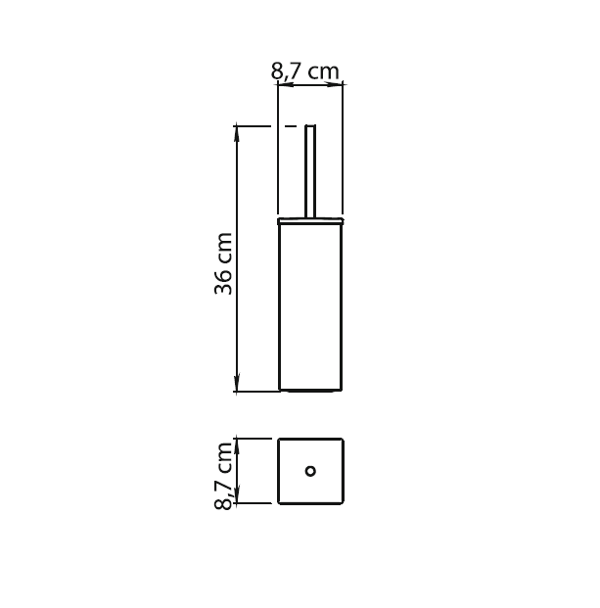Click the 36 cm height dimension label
click(x=223, y=263)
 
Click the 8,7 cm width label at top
click(x=304, y=71)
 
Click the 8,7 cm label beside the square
click(x=223, y=476)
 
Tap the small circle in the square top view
click(x=310, y=471)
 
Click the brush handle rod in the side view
click(x=310, y=171)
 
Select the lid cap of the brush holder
click(x=310, y=221)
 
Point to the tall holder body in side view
click(x=310, y=307)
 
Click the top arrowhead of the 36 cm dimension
click(x=237, y=132)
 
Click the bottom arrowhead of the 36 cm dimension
click(x=237, y=384)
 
